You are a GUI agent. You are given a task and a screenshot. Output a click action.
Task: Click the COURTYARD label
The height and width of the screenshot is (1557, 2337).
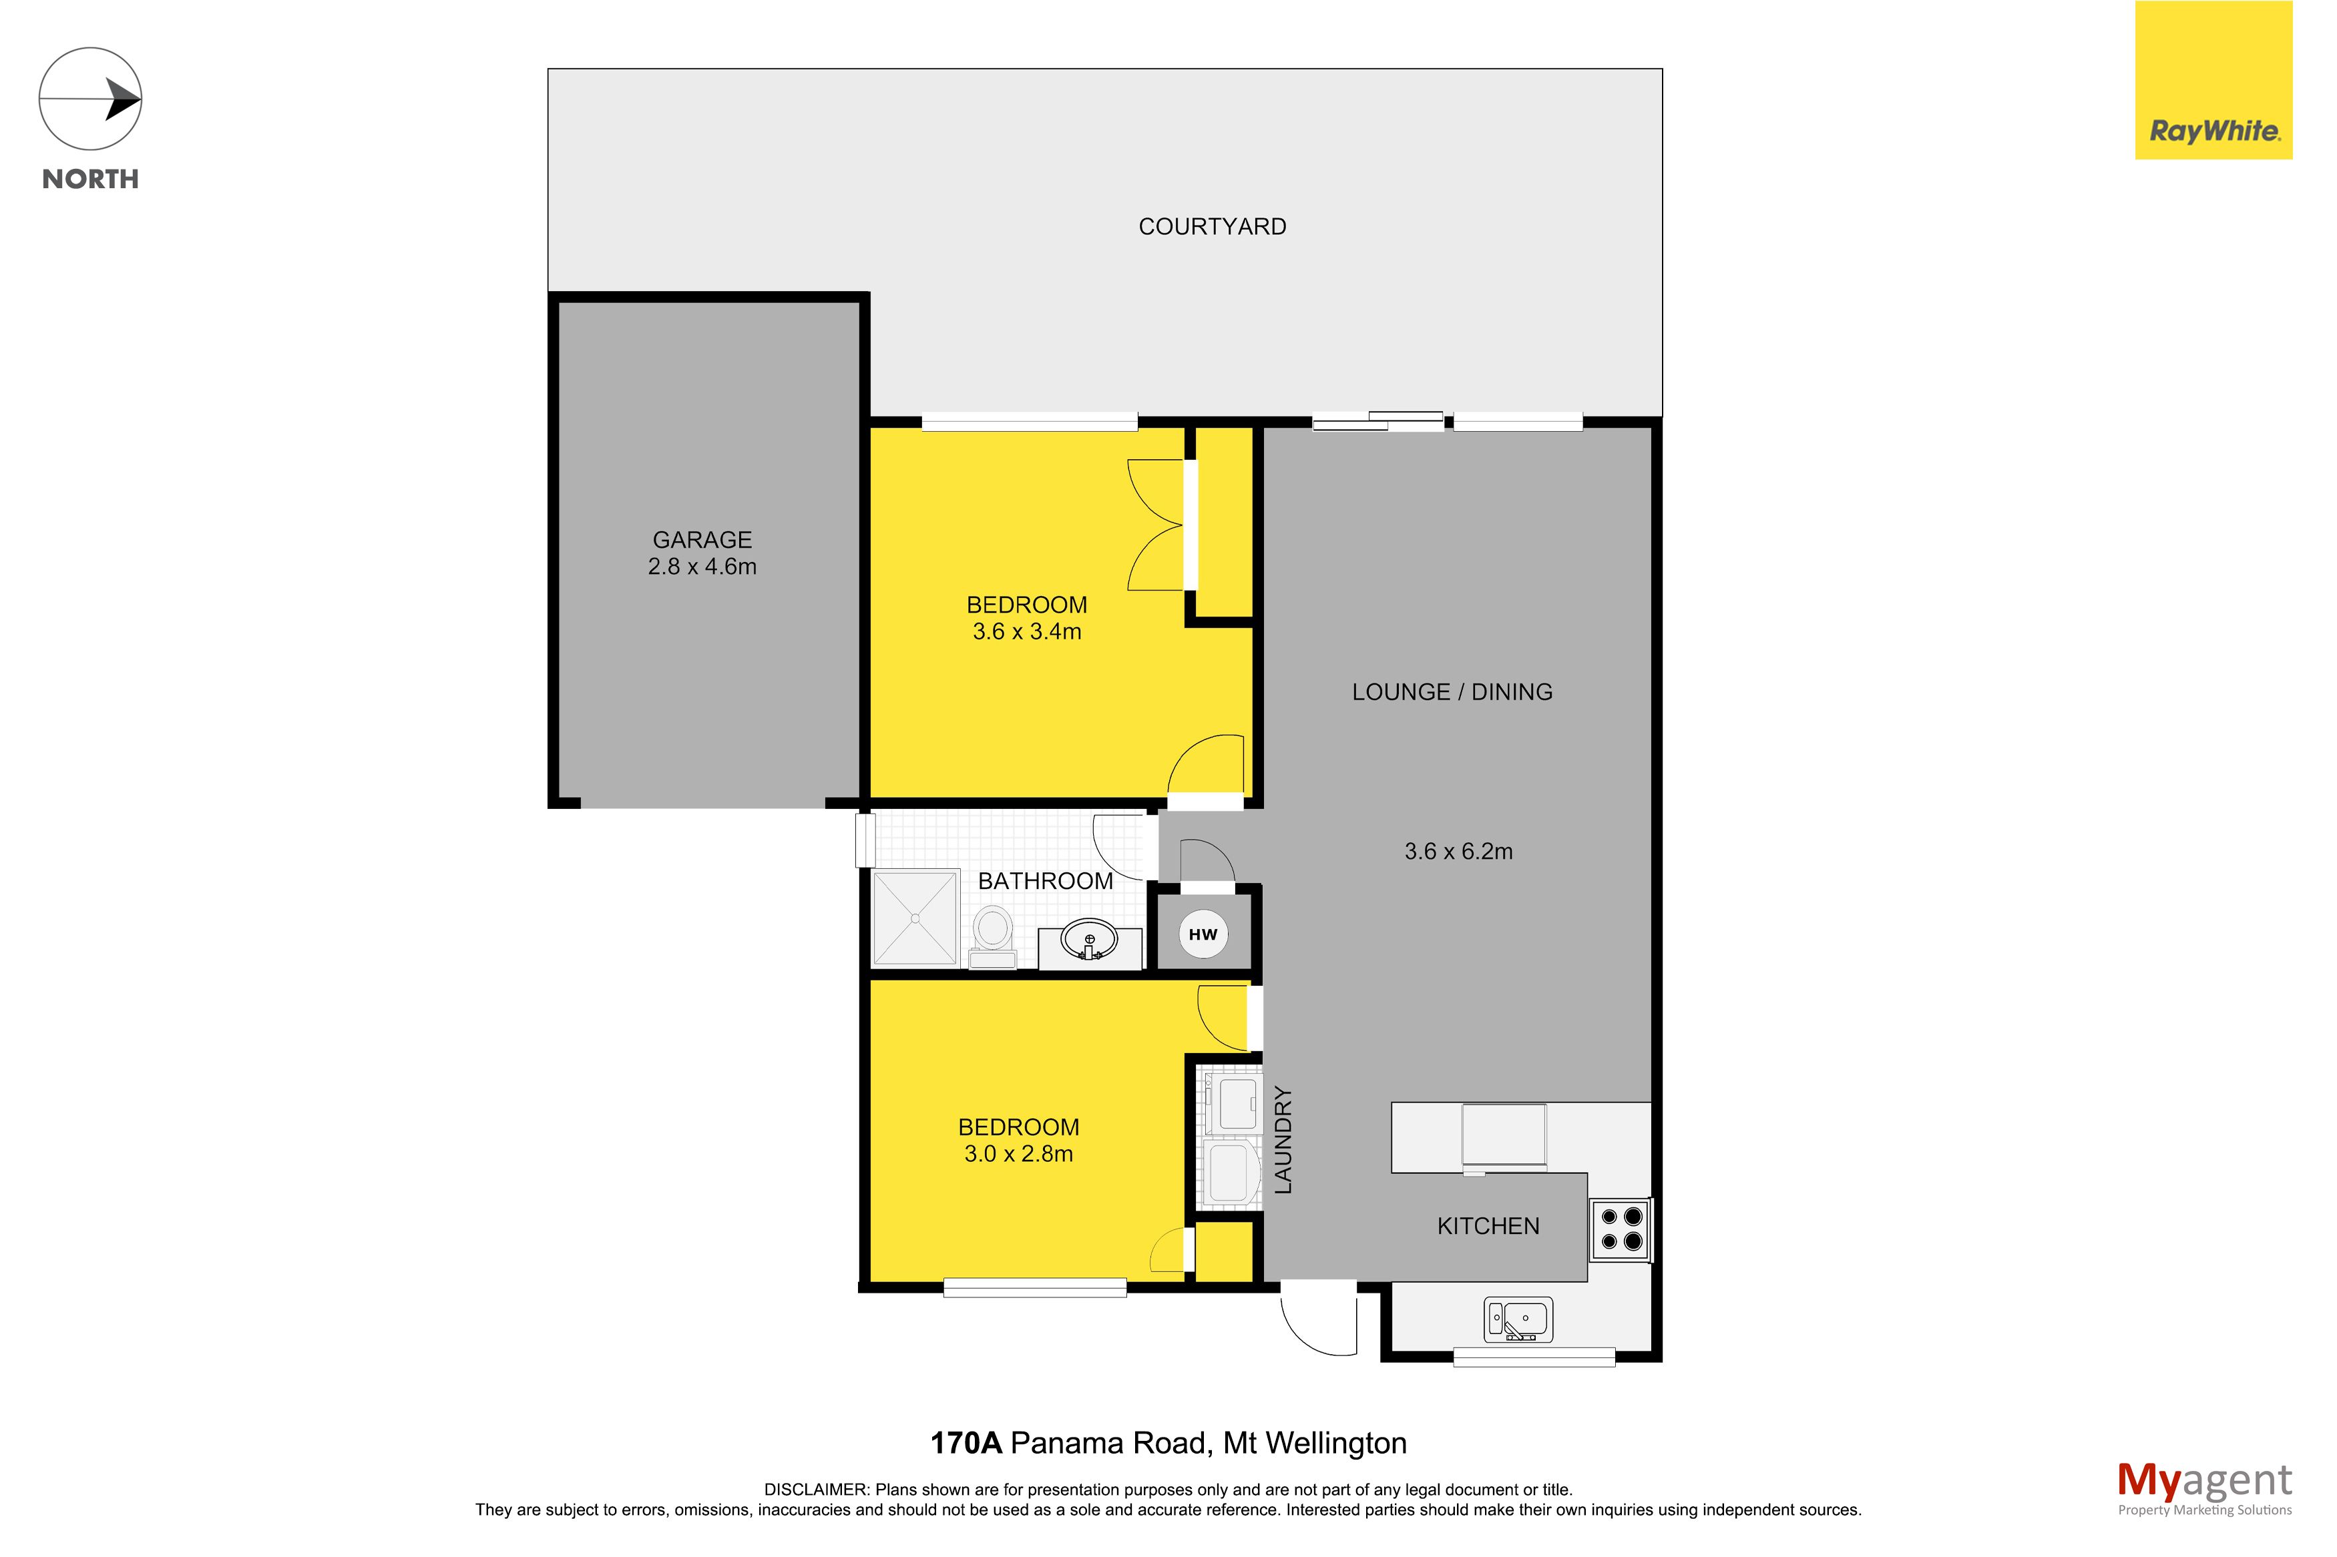[1212, 226]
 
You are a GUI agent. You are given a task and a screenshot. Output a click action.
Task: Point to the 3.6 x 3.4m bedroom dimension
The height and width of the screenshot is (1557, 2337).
[1027, 631]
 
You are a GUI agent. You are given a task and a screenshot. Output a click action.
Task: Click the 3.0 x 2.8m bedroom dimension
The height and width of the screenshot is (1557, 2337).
[1018, 1154]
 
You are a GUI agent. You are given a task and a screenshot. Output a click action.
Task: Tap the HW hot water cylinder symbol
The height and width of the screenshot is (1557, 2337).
[1203, 934]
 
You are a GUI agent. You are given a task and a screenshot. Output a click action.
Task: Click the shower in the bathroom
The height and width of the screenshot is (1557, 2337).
[915, 918]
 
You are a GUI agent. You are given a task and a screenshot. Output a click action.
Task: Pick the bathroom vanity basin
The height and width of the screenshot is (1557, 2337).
[1090, 940]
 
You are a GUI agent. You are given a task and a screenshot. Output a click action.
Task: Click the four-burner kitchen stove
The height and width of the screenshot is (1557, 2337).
[1621, 1229]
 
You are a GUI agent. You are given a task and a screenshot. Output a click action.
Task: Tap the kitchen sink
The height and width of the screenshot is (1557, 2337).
[1518, 1319]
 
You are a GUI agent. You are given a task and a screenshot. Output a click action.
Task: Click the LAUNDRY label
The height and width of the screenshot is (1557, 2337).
[1283, 1140]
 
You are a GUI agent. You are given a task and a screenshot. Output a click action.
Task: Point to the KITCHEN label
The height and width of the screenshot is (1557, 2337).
[1488, 1227]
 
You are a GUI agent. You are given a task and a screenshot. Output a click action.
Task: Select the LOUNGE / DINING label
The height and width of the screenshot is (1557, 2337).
[1452, 692]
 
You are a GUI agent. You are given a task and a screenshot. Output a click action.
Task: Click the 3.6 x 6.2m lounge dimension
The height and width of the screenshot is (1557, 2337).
[1458, 851]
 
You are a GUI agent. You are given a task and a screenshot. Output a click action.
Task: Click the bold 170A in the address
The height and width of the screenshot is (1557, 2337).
[966, 1443]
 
